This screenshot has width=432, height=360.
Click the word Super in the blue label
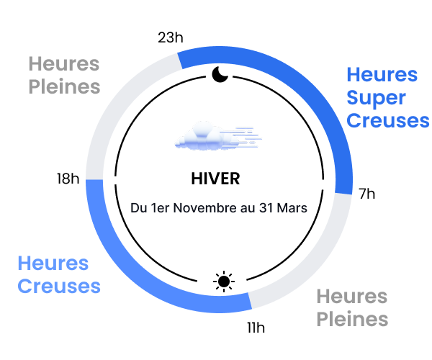(376, 98)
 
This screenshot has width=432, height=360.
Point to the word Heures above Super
(382, 75)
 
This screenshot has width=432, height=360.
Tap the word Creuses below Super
(387, 120)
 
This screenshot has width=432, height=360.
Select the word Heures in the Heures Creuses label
(53, 264)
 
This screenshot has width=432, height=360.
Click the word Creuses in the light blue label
(59, 287)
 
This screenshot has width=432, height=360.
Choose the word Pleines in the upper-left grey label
(64, 87)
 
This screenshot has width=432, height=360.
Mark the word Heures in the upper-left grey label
(63, 64)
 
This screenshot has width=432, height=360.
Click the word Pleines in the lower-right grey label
(352, 319)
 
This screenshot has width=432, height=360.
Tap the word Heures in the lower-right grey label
(351, 296)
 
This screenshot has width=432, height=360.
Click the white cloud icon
(204, 137)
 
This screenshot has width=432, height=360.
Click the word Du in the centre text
(138, 208)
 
